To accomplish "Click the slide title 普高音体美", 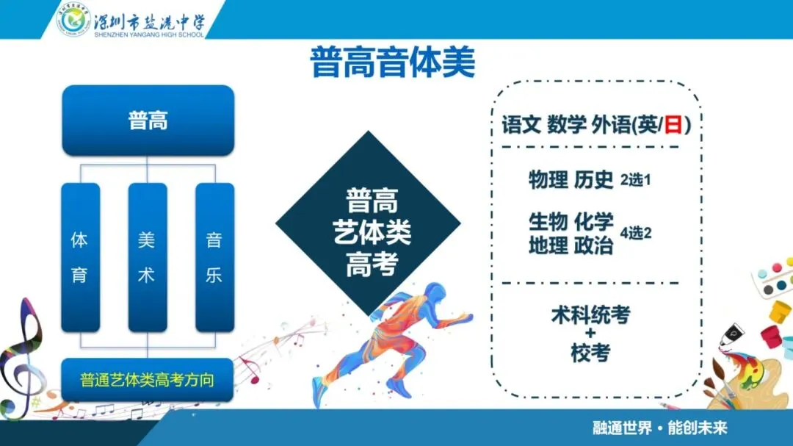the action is pyautogui.click(x=392, y=62).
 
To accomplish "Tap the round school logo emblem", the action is pyautogui.click(x=74, y=20).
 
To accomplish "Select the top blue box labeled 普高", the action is pyautogui.click(x=148, y=121).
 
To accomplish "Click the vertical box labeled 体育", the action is pyautogui.click(x=81, y=258).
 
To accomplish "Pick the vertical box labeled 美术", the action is pyautogui.click(x=147, y=258).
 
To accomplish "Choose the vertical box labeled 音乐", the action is pyautogui.click(x=214, y=258).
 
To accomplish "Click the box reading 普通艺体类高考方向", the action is pyautogui.click(x=147, y=380).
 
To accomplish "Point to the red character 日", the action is pyautogui.click(x=673, y=124).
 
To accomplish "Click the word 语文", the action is pyautogui.click(x=521, y=124).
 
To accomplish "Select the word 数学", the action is pyautogui.click(x=566, y=124).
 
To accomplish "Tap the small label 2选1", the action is pyautogui.click(x=636, y=180).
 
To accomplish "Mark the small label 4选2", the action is pyautogui.click(x=636, y=233).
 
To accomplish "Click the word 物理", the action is pyautogui.click(x=548, y=180).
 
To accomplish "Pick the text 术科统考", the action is pyautogui.click(x=590, y=315).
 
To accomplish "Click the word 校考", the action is pyautogui.click(x=590, y=353).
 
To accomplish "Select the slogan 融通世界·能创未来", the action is pyautogui.click(x=660, y=428).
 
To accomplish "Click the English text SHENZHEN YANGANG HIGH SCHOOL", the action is pyautogui.click(x=149, y=35).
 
